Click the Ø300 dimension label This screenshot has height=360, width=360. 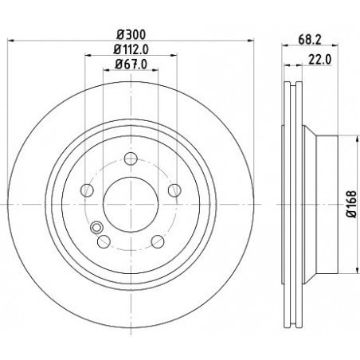pos(131,34)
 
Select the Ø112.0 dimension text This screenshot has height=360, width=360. pos(131,49)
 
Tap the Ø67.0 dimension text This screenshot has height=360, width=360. pos(131,65)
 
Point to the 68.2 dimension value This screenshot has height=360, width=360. pos(310,40)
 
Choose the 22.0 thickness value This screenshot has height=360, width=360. pos(320,60)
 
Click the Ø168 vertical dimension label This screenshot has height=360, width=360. pos(353,204)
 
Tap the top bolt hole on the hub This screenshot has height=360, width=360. pos(131,158)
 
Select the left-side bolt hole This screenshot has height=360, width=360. pos(87,190)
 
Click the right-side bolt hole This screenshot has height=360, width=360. pos(174,190)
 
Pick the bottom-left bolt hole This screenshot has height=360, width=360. pos(104,241)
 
